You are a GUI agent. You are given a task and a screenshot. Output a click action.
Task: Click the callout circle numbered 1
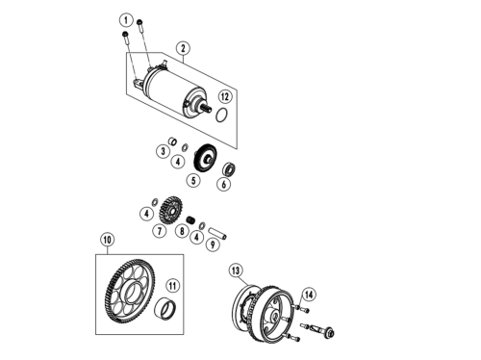(126, 20)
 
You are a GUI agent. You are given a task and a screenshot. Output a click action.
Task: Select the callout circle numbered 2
(183, 48)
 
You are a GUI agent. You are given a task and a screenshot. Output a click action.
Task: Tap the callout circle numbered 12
(225, 96)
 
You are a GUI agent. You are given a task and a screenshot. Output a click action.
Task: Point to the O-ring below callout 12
(222, 116)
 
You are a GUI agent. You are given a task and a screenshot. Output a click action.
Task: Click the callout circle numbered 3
(163, 151)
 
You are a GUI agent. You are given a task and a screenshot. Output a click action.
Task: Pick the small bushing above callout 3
(173, 141)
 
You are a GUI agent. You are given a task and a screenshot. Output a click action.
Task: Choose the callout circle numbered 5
(193, 180)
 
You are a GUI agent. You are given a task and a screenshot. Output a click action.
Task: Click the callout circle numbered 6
(224, 184)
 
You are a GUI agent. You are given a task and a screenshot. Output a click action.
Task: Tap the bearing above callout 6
(230, 169)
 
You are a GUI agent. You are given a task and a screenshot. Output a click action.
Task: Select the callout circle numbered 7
(160, 231)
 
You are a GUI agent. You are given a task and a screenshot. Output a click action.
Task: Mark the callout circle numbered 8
(182, 231)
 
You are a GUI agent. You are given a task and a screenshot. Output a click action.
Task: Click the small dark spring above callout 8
(190, 220)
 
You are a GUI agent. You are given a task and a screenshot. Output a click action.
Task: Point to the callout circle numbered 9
(213, 244)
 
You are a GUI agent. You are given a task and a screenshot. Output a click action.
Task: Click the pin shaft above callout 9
(218, 233)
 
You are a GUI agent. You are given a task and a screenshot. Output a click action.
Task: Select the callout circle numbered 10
(108, 240)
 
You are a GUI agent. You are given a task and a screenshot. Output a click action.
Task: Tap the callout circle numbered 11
(172, 286)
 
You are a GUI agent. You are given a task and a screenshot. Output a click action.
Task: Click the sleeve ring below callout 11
(165, 309)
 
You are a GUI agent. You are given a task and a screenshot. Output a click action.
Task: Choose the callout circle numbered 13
(236, 270)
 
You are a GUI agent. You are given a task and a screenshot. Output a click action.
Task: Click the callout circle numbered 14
(309, 295)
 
